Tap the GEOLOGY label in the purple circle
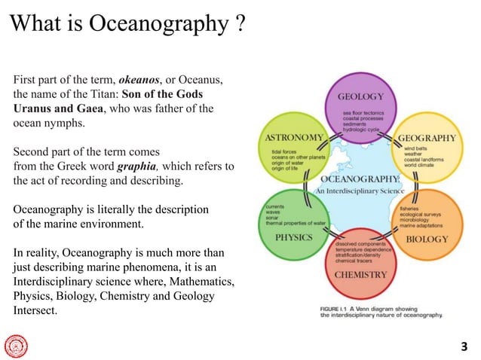tap(360, 97)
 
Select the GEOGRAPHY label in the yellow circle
tap(426, 139)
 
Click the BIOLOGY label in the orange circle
tap(427, 239)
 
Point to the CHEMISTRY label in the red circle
tap(360, 275)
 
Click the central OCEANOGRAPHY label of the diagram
tap(360, 179)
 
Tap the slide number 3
tap(464, 346)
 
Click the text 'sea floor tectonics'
tap(363, 112)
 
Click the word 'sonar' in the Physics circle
tap(270, 217)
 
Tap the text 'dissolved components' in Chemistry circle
tap(360, 246)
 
